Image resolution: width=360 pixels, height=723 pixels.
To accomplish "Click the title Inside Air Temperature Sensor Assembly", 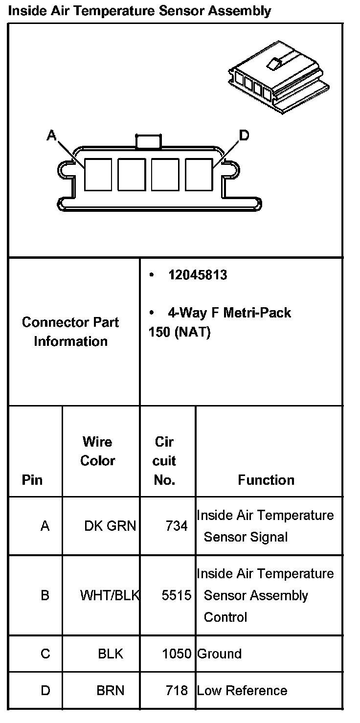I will click(139, 10).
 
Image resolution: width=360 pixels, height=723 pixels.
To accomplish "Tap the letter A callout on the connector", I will click(51, 135).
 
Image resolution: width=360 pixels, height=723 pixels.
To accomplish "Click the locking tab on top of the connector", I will click(148, 141).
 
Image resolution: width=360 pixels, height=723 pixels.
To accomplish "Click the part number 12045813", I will click(198, 275).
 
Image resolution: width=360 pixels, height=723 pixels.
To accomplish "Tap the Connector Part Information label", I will click(70, 332).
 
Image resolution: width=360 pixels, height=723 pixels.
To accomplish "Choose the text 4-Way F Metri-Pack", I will click(229, 313).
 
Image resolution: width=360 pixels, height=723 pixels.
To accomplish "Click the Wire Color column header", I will click(97, 451).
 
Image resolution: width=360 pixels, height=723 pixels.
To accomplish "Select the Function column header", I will click(266, 480).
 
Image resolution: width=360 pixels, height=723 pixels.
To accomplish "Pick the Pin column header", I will click(32, 480).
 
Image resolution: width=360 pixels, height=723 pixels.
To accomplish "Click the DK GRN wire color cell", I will click(110, 526).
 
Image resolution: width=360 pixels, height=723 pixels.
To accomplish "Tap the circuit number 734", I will click(177, 526).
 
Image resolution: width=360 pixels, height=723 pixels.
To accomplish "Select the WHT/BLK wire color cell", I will click(110, 595).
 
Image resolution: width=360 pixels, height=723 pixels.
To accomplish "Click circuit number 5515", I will click(177, 595).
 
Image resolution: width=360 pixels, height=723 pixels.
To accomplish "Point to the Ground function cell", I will click(219, 654).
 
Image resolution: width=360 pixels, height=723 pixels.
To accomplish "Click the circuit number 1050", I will click(177, 654).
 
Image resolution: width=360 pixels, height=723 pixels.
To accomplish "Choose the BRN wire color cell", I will click(111, 691).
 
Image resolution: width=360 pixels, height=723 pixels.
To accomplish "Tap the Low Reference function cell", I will click(242, 691).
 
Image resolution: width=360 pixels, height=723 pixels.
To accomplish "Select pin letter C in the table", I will click(45, 654).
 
